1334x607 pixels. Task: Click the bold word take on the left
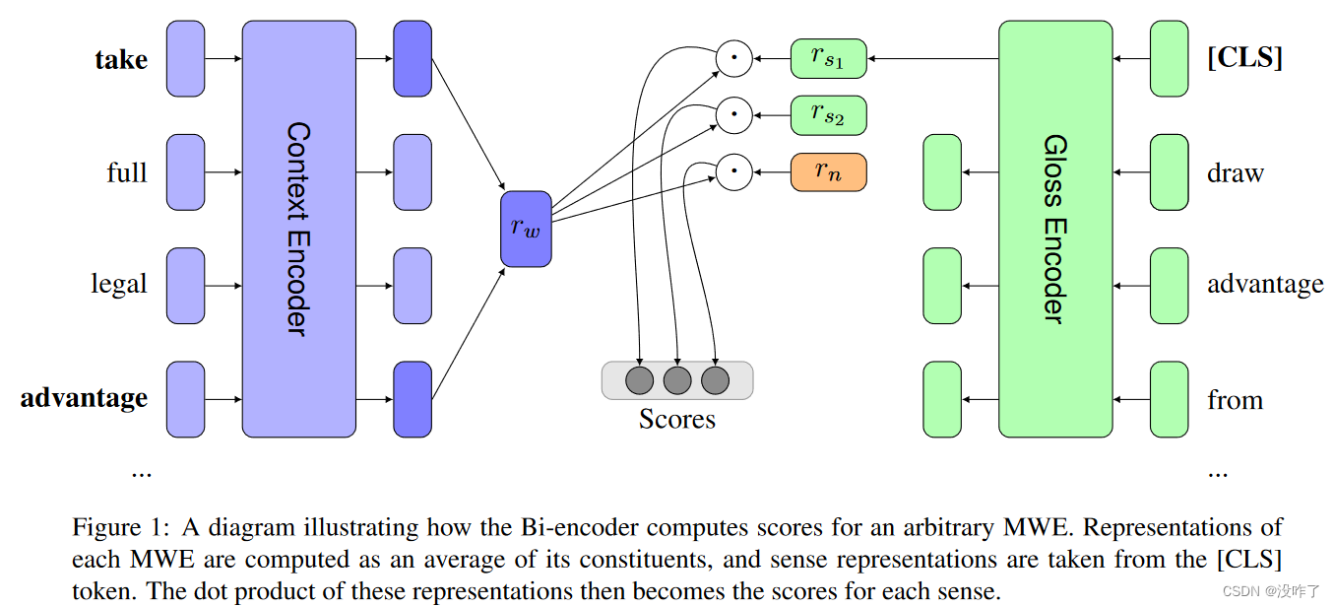coord(121,60)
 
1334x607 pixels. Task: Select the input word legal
coord(119,285)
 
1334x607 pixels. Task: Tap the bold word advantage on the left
coord(85,398)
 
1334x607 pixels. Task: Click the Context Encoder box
coord(298,229)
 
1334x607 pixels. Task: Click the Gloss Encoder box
coord(1054,229)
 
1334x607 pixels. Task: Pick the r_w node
coord(526,229)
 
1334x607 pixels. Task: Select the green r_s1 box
coord(828,59)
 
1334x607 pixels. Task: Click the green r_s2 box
coord(828,115)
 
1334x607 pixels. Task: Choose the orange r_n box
coord(828,172)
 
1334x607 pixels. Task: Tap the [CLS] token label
coord(1244,58)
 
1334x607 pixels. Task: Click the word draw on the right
coord(1235,173)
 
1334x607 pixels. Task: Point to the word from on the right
coord(1235,400)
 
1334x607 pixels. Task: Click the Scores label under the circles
coord(676,420)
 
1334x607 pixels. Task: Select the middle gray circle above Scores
coord(677,380)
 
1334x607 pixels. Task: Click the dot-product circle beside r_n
coord(733,172)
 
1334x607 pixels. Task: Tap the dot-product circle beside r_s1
coord(733,59)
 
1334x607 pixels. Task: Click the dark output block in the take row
coord(413,59)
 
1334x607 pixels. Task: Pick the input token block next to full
coord(186,172)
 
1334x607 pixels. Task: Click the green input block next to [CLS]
coord(1169,59)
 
